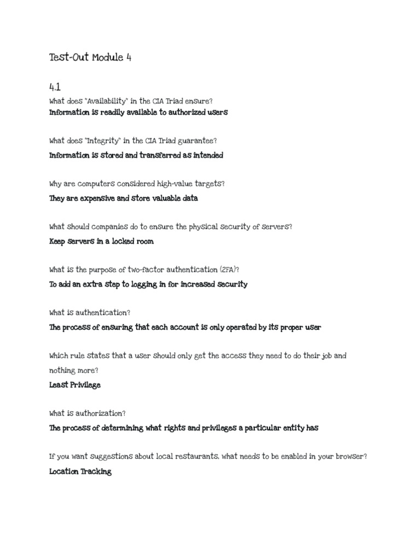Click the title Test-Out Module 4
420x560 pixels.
pos(90,57)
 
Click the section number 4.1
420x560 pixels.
pos(55,86)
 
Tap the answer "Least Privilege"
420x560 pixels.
pos(75,384)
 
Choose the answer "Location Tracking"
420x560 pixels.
pos(80,471)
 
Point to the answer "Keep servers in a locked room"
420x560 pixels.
pos(101,241)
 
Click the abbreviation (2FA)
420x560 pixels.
pos(228,270)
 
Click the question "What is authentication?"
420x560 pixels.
pos(90,313)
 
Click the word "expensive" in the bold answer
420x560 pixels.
pos(95,199)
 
